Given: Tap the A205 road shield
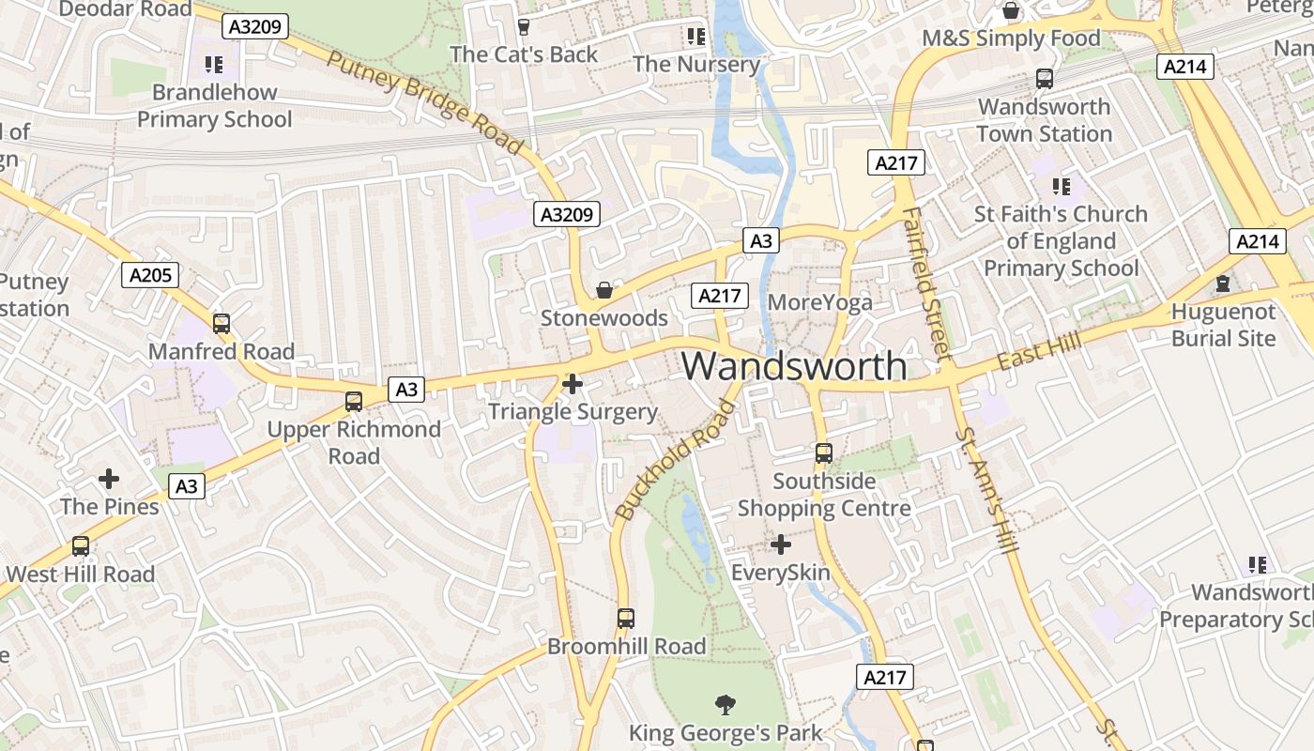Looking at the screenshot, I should pyautogui.click(x=150, y=275).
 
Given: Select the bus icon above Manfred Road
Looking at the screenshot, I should pyautogui.click(x=222, y=324).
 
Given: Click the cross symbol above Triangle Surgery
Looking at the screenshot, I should pyautogui.click(x=573, y=383).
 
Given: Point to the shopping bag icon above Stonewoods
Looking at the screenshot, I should pyautogui.click(x=604, y=290).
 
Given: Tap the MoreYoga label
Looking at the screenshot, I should pyautogui.click(x=819, y=302).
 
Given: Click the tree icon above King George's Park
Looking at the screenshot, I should pyautogui.click(x=725, y=704).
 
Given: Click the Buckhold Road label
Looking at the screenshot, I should pyautogui.click(x=675, y=459).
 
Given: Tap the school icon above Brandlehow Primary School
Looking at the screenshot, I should pyautogui.click(x=214, y=65).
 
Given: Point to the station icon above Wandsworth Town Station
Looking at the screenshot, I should pyautogui.click(x=1044, y=79).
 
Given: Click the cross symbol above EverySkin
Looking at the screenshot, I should pyautogui.click(x=781, y=544).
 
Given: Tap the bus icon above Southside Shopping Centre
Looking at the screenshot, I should pyautogui.click(x=824, y=453).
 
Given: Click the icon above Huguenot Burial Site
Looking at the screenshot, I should pyautogui.click(x=1223, y=283).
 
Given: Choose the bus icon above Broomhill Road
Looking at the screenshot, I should pyautogui.click(x=626, y=619).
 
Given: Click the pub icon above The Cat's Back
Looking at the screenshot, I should pyautogui.click(x=524, y=27).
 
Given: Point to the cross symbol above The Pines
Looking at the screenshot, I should pyautogui.click(x=109, y=479).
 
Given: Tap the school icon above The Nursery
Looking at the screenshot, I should pyautogui.click(x=695, y=37).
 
